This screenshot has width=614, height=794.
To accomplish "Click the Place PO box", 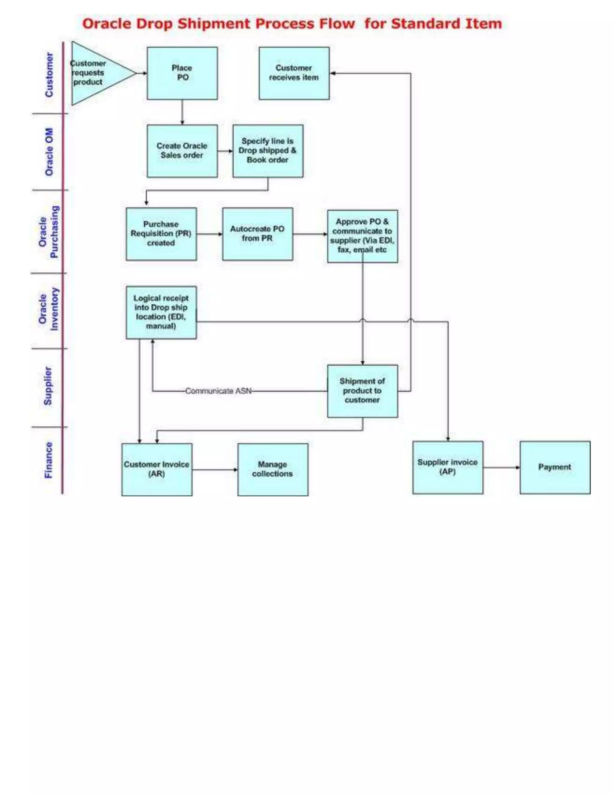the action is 182,73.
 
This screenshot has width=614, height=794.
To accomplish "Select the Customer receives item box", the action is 294,73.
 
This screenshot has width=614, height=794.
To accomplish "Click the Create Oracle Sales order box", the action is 182,151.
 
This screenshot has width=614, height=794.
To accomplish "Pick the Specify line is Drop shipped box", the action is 268,151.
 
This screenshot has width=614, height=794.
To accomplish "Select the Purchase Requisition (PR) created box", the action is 161,234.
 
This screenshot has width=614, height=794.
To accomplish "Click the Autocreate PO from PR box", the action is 258,234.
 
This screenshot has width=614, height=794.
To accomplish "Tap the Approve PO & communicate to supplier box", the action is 362,236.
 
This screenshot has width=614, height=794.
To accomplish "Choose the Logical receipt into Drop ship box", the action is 161,312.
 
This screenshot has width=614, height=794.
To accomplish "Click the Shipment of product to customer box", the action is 362,391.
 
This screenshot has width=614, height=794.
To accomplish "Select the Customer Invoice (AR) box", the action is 157,469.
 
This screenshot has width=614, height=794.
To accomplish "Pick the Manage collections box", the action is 273,469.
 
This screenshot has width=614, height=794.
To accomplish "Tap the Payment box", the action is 555,467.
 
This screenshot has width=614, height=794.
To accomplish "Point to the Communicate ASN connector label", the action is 218,391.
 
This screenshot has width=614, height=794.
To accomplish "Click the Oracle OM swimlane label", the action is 49,152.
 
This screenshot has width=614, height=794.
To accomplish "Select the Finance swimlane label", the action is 48,460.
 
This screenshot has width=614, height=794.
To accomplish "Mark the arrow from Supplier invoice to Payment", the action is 501,467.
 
